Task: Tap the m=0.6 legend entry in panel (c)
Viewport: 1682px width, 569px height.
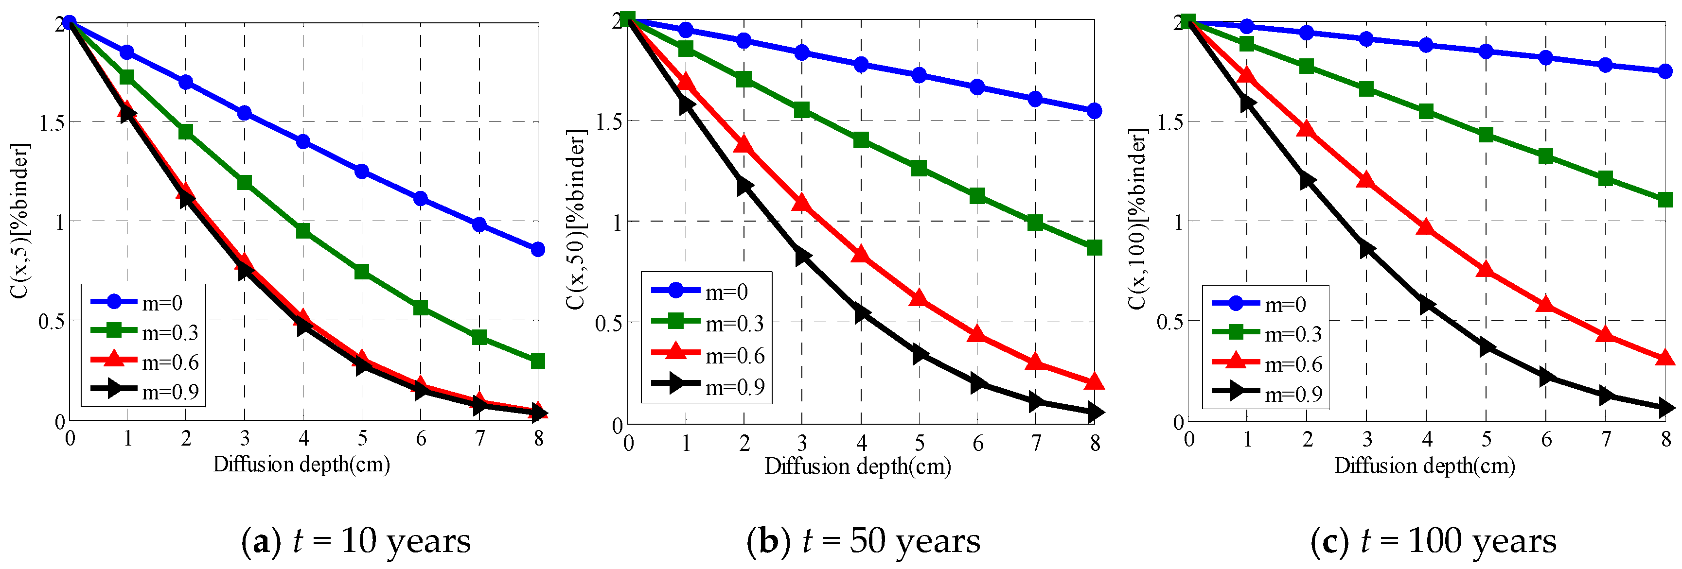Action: pos(1267,363)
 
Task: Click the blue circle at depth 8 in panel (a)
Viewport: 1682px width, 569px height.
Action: pos(537,249)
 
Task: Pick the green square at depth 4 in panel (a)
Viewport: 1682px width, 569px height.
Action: pos(303,230)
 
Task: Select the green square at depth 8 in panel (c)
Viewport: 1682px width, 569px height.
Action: pos(1665,200)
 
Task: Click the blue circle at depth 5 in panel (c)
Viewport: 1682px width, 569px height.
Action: pos(1486,51)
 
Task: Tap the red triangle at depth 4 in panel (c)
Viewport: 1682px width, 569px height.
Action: pos(1426,227)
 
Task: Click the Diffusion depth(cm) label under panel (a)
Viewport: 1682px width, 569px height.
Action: pos(301,465)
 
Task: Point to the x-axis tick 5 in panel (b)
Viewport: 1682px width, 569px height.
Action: pos(920,444)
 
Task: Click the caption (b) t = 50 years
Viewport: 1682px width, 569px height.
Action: pos(863,541)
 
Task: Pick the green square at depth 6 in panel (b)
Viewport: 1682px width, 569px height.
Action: pos(977,196)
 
